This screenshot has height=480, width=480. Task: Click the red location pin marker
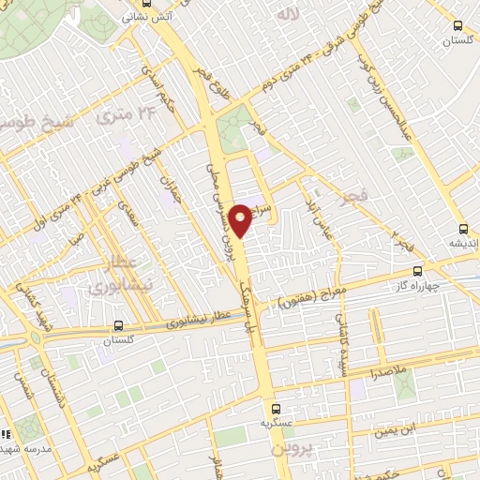point(241,219)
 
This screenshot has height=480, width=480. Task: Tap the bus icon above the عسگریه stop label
point(276,410)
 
